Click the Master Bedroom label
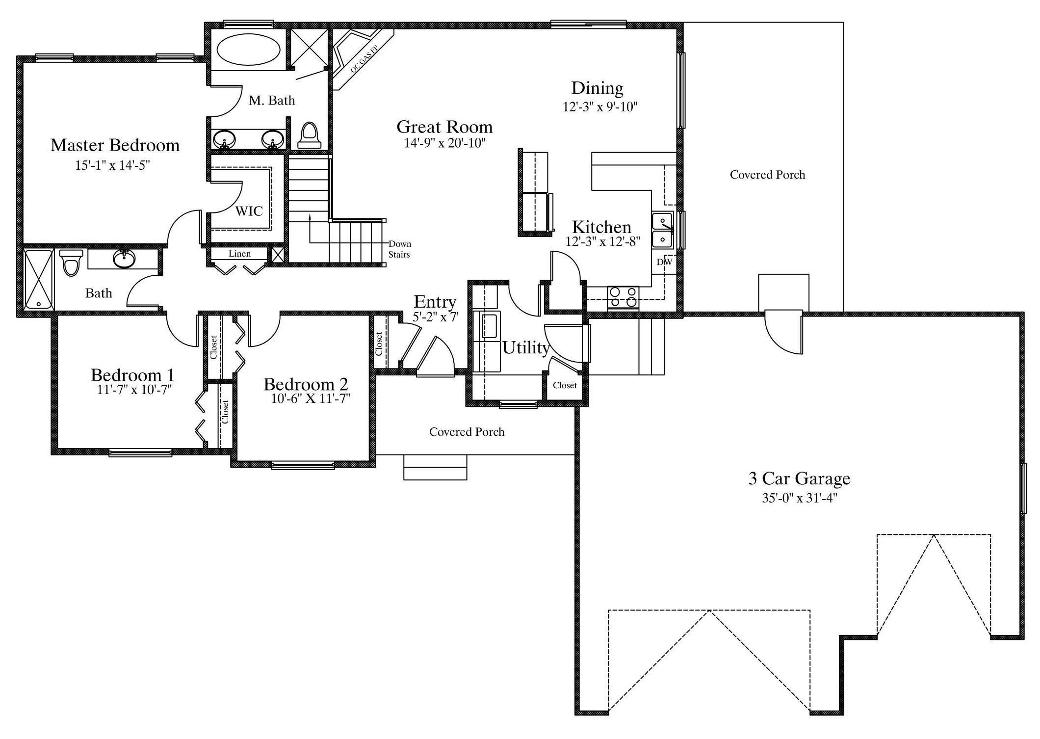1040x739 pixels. tap(115, 145)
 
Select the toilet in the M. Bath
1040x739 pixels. tap(310, 135)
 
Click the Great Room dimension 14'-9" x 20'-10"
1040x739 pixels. tap(444, 143)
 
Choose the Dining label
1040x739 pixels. tap(597, 88)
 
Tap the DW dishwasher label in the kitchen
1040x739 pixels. tap(664, 262)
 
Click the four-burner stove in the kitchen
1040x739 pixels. tap(623, 297)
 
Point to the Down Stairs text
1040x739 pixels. tap(400, 249)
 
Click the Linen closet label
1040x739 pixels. tap(239, 254)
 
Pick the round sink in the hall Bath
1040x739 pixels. tap(124, 259)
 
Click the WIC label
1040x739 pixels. tap(249, 211)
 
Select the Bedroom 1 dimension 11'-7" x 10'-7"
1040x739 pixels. tap(134, 390)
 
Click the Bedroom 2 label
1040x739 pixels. tap(306, 384)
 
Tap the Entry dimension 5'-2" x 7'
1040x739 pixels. tap(435, 317)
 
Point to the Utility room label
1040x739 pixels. tap(525, 348)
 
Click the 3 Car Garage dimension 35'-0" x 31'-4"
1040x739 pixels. tap(799, 498)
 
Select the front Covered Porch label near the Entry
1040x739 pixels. tap(467, 432)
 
